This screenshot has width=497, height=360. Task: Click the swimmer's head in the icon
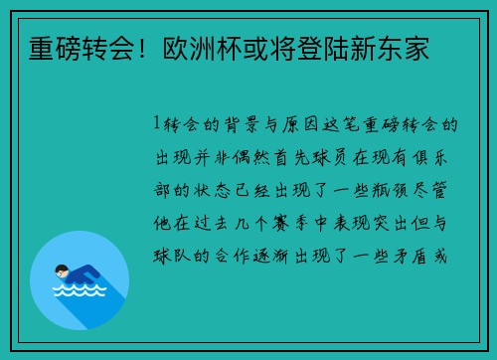[x=62, y=270]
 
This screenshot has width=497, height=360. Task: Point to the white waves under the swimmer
[x=79, y=291]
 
